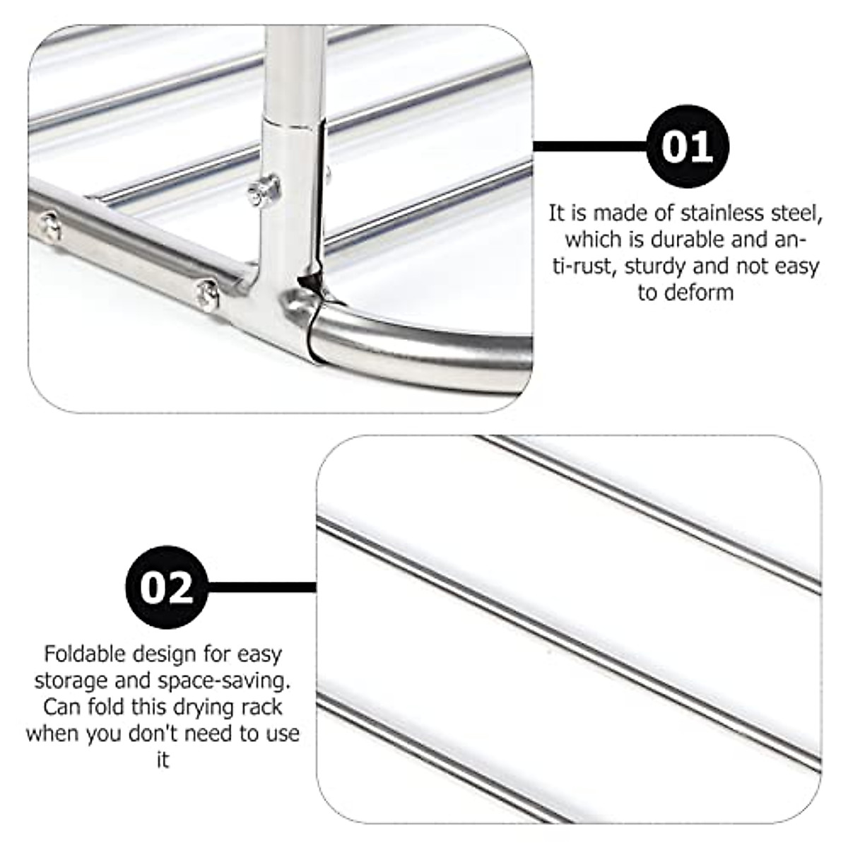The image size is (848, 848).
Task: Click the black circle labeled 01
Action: (x=688, y=148)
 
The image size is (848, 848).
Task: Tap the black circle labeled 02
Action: (x=167, y=587)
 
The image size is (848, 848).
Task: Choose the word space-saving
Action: (x=216, y=681)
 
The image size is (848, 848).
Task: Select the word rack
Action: (x=261, y=707)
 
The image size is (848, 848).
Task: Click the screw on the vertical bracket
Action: (x=262, y=189)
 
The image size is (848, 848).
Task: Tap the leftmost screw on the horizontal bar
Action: (x=47, y=228)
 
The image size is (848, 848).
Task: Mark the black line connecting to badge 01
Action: (x=590, y=147)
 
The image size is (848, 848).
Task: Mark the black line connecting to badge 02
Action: (x=261, y=587)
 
